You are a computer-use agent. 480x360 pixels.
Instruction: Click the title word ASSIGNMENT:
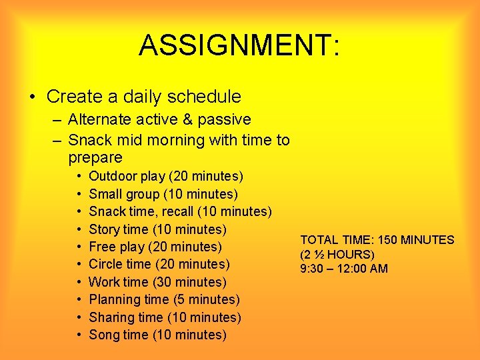click(x=239, y=45)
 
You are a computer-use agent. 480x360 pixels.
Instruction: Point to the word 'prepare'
click(x=95, y=158)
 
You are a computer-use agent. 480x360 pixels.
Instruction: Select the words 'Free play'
click(x=117, y=247)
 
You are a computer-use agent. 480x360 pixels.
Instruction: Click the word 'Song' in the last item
click(x=103, y=335)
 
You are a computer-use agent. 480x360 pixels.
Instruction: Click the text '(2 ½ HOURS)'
click(x=337, y=255)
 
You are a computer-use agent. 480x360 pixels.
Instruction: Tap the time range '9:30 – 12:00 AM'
click(x=344, y=269)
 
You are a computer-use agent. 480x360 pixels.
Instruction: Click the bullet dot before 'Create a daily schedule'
click(x=33, y=97)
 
